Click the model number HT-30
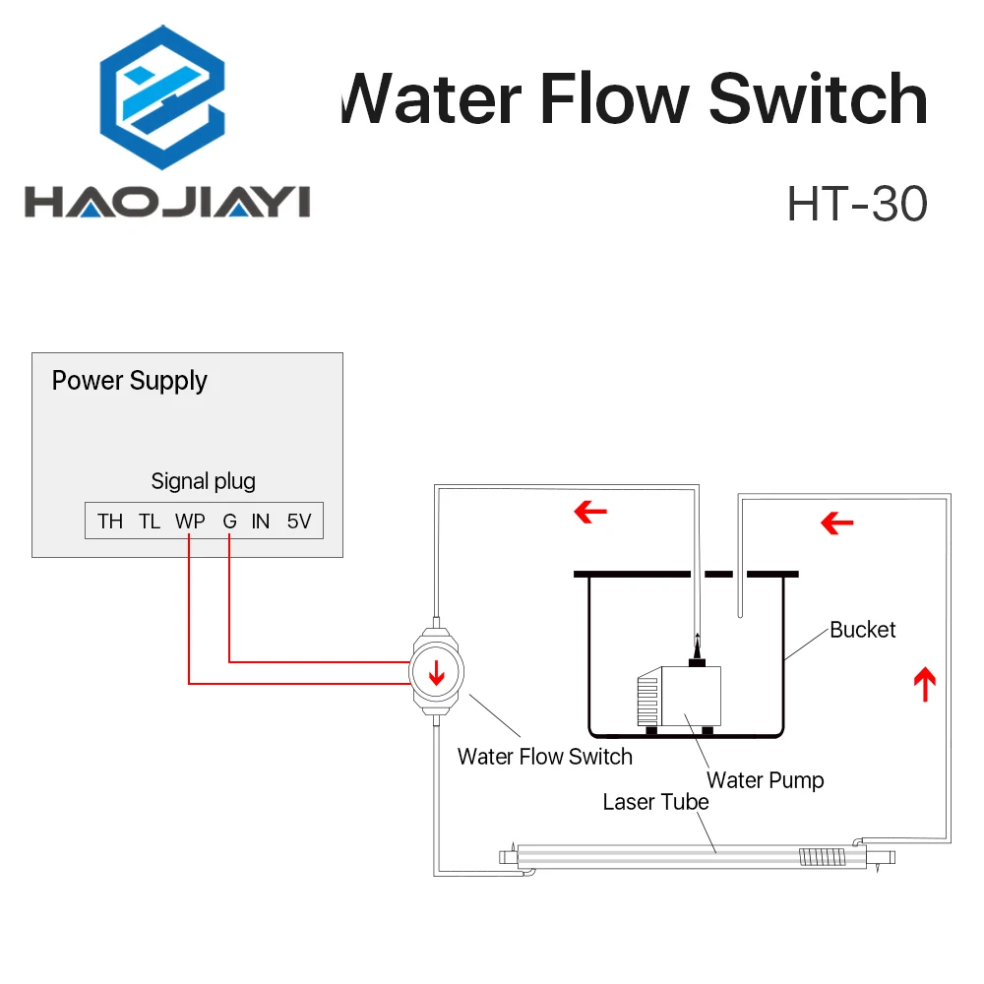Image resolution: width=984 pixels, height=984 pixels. tap(856, 205)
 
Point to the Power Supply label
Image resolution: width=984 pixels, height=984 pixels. tap(129, 381)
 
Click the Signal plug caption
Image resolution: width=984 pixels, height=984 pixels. tap(203, 481)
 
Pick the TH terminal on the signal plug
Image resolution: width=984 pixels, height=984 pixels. tap(110, 522)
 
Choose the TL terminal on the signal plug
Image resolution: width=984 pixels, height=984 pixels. tap(149, 522)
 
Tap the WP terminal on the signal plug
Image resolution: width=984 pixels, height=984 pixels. tap(189, 522)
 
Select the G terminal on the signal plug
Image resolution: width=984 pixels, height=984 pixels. tap(229, 522)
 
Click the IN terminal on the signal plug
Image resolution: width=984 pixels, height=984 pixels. tap(260, 522)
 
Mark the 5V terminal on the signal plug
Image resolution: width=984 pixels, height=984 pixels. tap(298, 522)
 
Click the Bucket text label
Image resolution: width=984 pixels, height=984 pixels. tap(862, 630)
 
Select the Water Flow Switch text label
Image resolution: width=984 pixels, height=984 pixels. tap(544, 757)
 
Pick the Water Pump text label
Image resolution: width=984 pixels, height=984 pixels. tap(765, 781)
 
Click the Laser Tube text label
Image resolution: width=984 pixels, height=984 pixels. tap(655, 802)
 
